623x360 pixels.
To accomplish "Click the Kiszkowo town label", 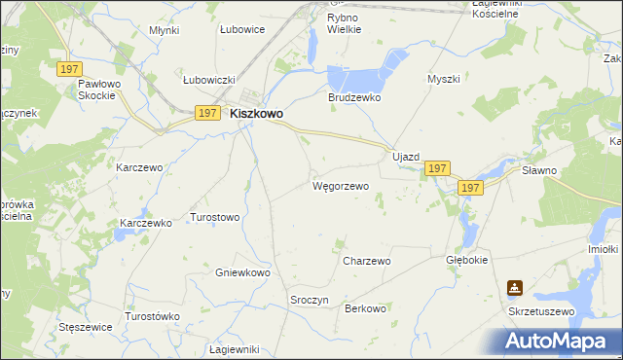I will coord(256,114).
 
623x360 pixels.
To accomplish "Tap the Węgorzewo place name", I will coord(340,185).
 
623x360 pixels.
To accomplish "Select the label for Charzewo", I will coord(367,261).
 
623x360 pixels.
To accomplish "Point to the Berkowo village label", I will coord(366,308).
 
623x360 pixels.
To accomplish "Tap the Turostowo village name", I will coord(214,217).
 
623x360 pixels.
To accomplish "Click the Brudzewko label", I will coord(353,98).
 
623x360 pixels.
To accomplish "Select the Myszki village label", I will coord(443,79).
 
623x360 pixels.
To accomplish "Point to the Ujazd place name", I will coord(405,157).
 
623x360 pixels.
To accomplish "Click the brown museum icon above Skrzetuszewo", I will coord(514,288).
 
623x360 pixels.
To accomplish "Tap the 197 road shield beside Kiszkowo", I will coord(206,113).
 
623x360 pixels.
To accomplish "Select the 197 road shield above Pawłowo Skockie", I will coord(68,68).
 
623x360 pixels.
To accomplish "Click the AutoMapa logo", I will coord(558,342).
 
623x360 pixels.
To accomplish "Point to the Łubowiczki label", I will coord(210,80).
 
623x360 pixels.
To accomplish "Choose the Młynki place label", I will coord(165,30).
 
